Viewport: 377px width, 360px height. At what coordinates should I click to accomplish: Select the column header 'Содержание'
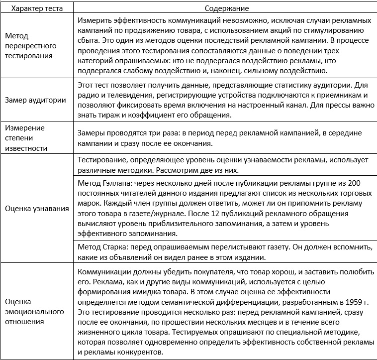click(x=226, y=8)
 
